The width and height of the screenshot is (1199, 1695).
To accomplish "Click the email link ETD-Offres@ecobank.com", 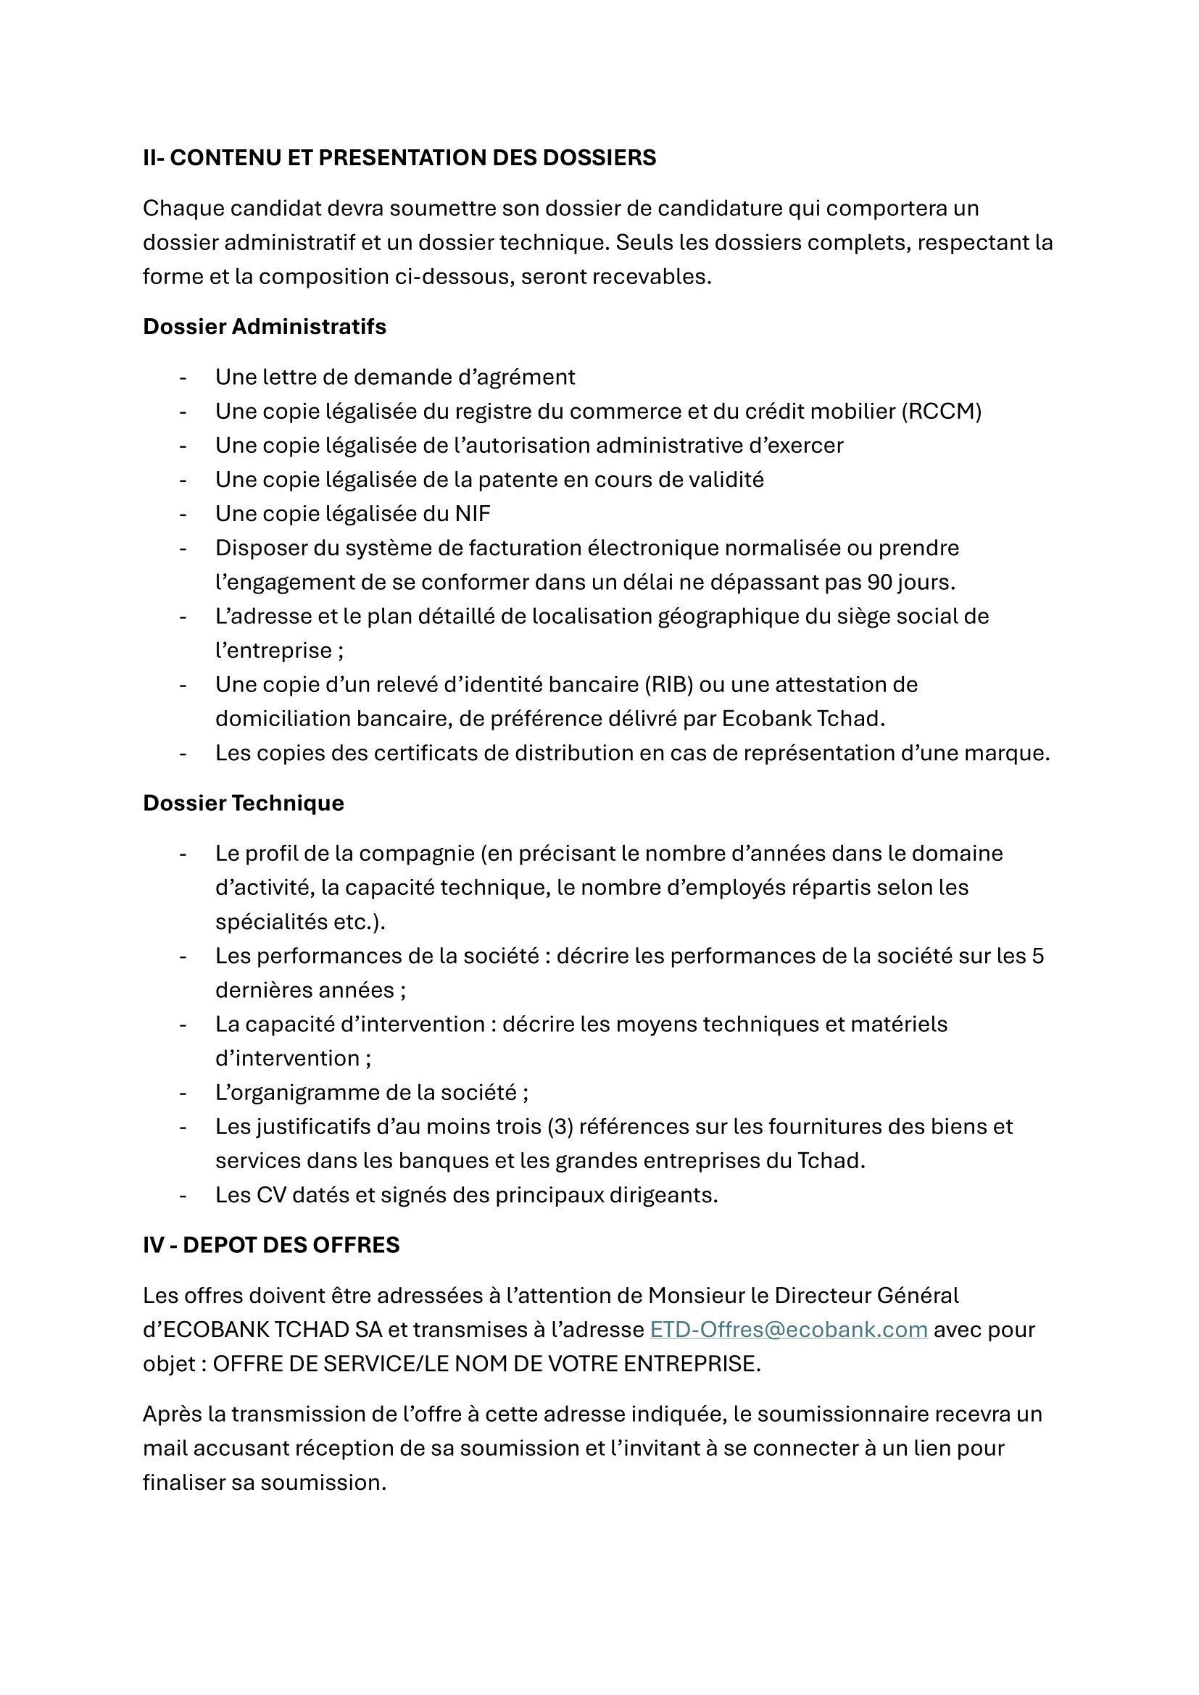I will coord(788,1330).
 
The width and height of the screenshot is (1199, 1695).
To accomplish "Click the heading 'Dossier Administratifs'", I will coord(265,326).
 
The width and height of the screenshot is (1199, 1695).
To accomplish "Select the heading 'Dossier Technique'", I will coord(243,803).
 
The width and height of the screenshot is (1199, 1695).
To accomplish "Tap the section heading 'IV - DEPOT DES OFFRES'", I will coord(271,1246).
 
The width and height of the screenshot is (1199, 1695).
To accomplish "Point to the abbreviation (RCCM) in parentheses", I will coord(942,411).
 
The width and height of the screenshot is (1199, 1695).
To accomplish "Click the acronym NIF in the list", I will coord(473,514).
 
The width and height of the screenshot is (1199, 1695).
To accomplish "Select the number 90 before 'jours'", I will coord(879,583).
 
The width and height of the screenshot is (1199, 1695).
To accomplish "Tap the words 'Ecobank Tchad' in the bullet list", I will coord(802,719).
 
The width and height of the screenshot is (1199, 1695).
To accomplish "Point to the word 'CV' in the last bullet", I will coord(271,1195).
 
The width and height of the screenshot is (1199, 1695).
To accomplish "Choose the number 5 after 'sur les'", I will coord(1037,956).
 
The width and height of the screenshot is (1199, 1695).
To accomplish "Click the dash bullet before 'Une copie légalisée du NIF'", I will coord(183,514).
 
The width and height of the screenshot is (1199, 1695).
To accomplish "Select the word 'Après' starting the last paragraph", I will coord(172,1415).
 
